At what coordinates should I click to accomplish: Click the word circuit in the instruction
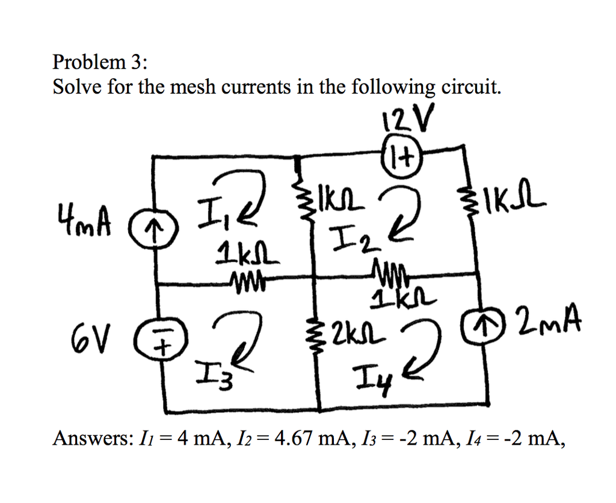tap(470, 88)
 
